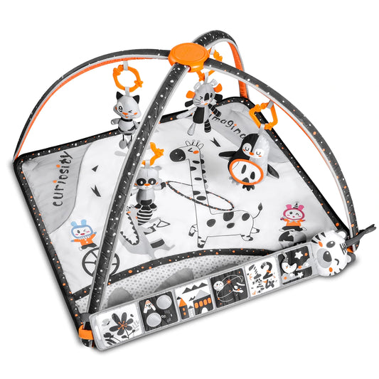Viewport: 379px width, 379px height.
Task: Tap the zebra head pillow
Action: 331,250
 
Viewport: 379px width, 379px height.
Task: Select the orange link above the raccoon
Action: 154,150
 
